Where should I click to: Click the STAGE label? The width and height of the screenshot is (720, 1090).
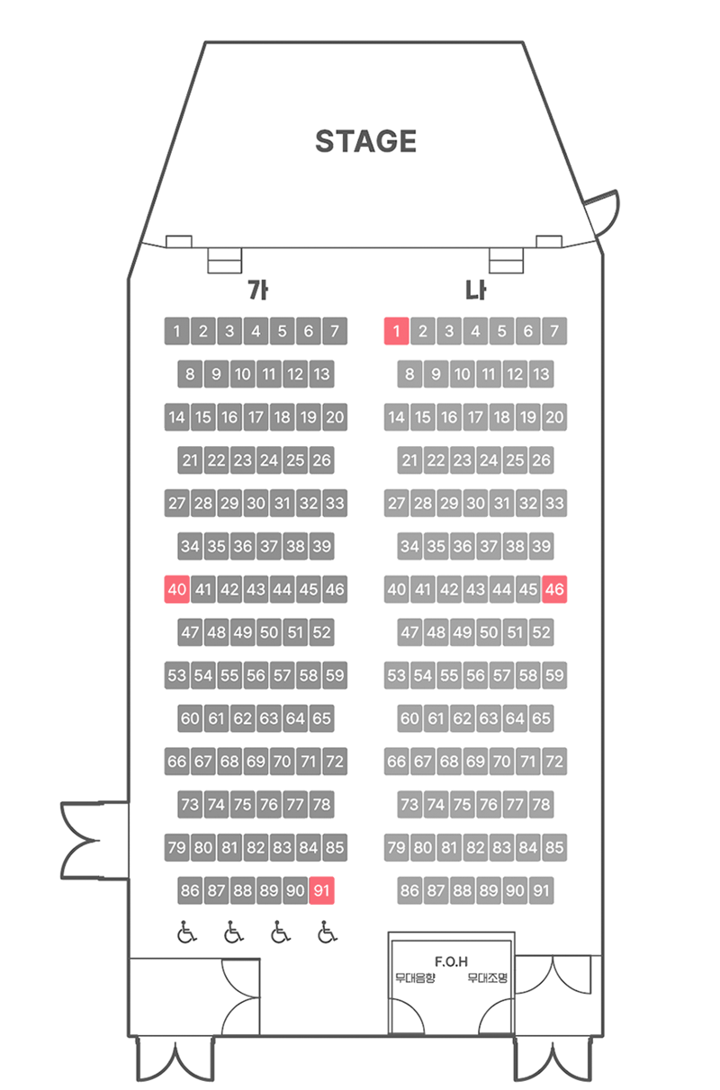pos(365,141)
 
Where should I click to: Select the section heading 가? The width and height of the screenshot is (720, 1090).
pos(257,290)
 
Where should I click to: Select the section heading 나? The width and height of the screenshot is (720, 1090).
pos(475,290)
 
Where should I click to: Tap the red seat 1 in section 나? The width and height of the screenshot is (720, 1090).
pos(396,331)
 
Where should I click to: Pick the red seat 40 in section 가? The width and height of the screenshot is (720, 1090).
pos(176,589)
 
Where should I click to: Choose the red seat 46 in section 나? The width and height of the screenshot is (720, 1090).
pos(554,589)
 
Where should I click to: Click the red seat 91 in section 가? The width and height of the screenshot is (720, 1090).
pos(322,890)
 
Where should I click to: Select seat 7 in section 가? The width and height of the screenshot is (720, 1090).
pos(335,331)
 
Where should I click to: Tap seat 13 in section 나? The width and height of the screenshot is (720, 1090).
pos(541,374)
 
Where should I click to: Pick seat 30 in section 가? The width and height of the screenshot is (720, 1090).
pos(256,503)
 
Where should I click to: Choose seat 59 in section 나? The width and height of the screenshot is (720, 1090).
pos(554,675)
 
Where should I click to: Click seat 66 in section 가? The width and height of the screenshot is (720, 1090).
pos(176,761)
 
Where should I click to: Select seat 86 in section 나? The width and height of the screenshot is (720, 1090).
pos(409,890)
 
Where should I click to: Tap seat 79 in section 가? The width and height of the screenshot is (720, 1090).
pos(176,847)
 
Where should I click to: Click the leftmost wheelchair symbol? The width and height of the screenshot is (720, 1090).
pos(187,932)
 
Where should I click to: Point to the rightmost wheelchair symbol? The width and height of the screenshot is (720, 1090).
pos(327,932)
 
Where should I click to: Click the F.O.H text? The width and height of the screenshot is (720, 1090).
pos(451,961)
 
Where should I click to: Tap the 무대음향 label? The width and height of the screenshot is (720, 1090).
pos(415,978)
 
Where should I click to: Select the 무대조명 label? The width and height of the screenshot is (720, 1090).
pos(487,978)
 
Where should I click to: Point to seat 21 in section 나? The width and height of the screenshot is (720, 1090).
pos(409,460)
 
